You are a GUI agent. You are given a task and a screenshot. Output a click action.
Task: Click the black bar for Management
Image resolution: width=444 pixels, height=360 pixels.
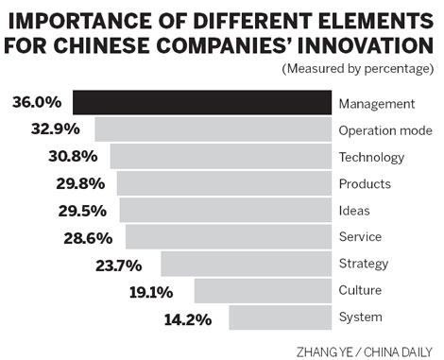click(202, 103)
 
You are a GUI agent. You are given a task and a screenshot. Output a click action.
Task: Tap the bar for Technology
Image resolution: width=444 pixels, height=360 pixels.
click(221, 156)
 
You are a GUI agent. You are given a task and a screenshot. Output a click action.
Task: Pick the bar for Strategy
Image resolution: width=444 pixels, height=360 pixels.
click(247, 263)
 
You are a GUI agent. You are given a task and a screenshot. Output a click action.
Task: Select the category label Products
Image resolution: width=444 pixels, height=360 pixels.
click(364, 183)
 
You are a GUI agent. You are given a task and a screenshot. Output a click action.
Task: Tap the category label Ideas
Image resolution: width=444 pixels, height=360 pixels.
click(354, 210)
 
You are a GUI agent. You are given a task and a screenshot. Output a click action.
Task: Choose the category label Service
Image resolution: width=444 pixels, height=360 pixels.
click(359, 236)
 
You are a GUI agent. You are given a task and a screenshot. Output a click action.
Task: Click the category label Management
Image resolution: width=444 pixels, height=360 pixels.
click(375, 103)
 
